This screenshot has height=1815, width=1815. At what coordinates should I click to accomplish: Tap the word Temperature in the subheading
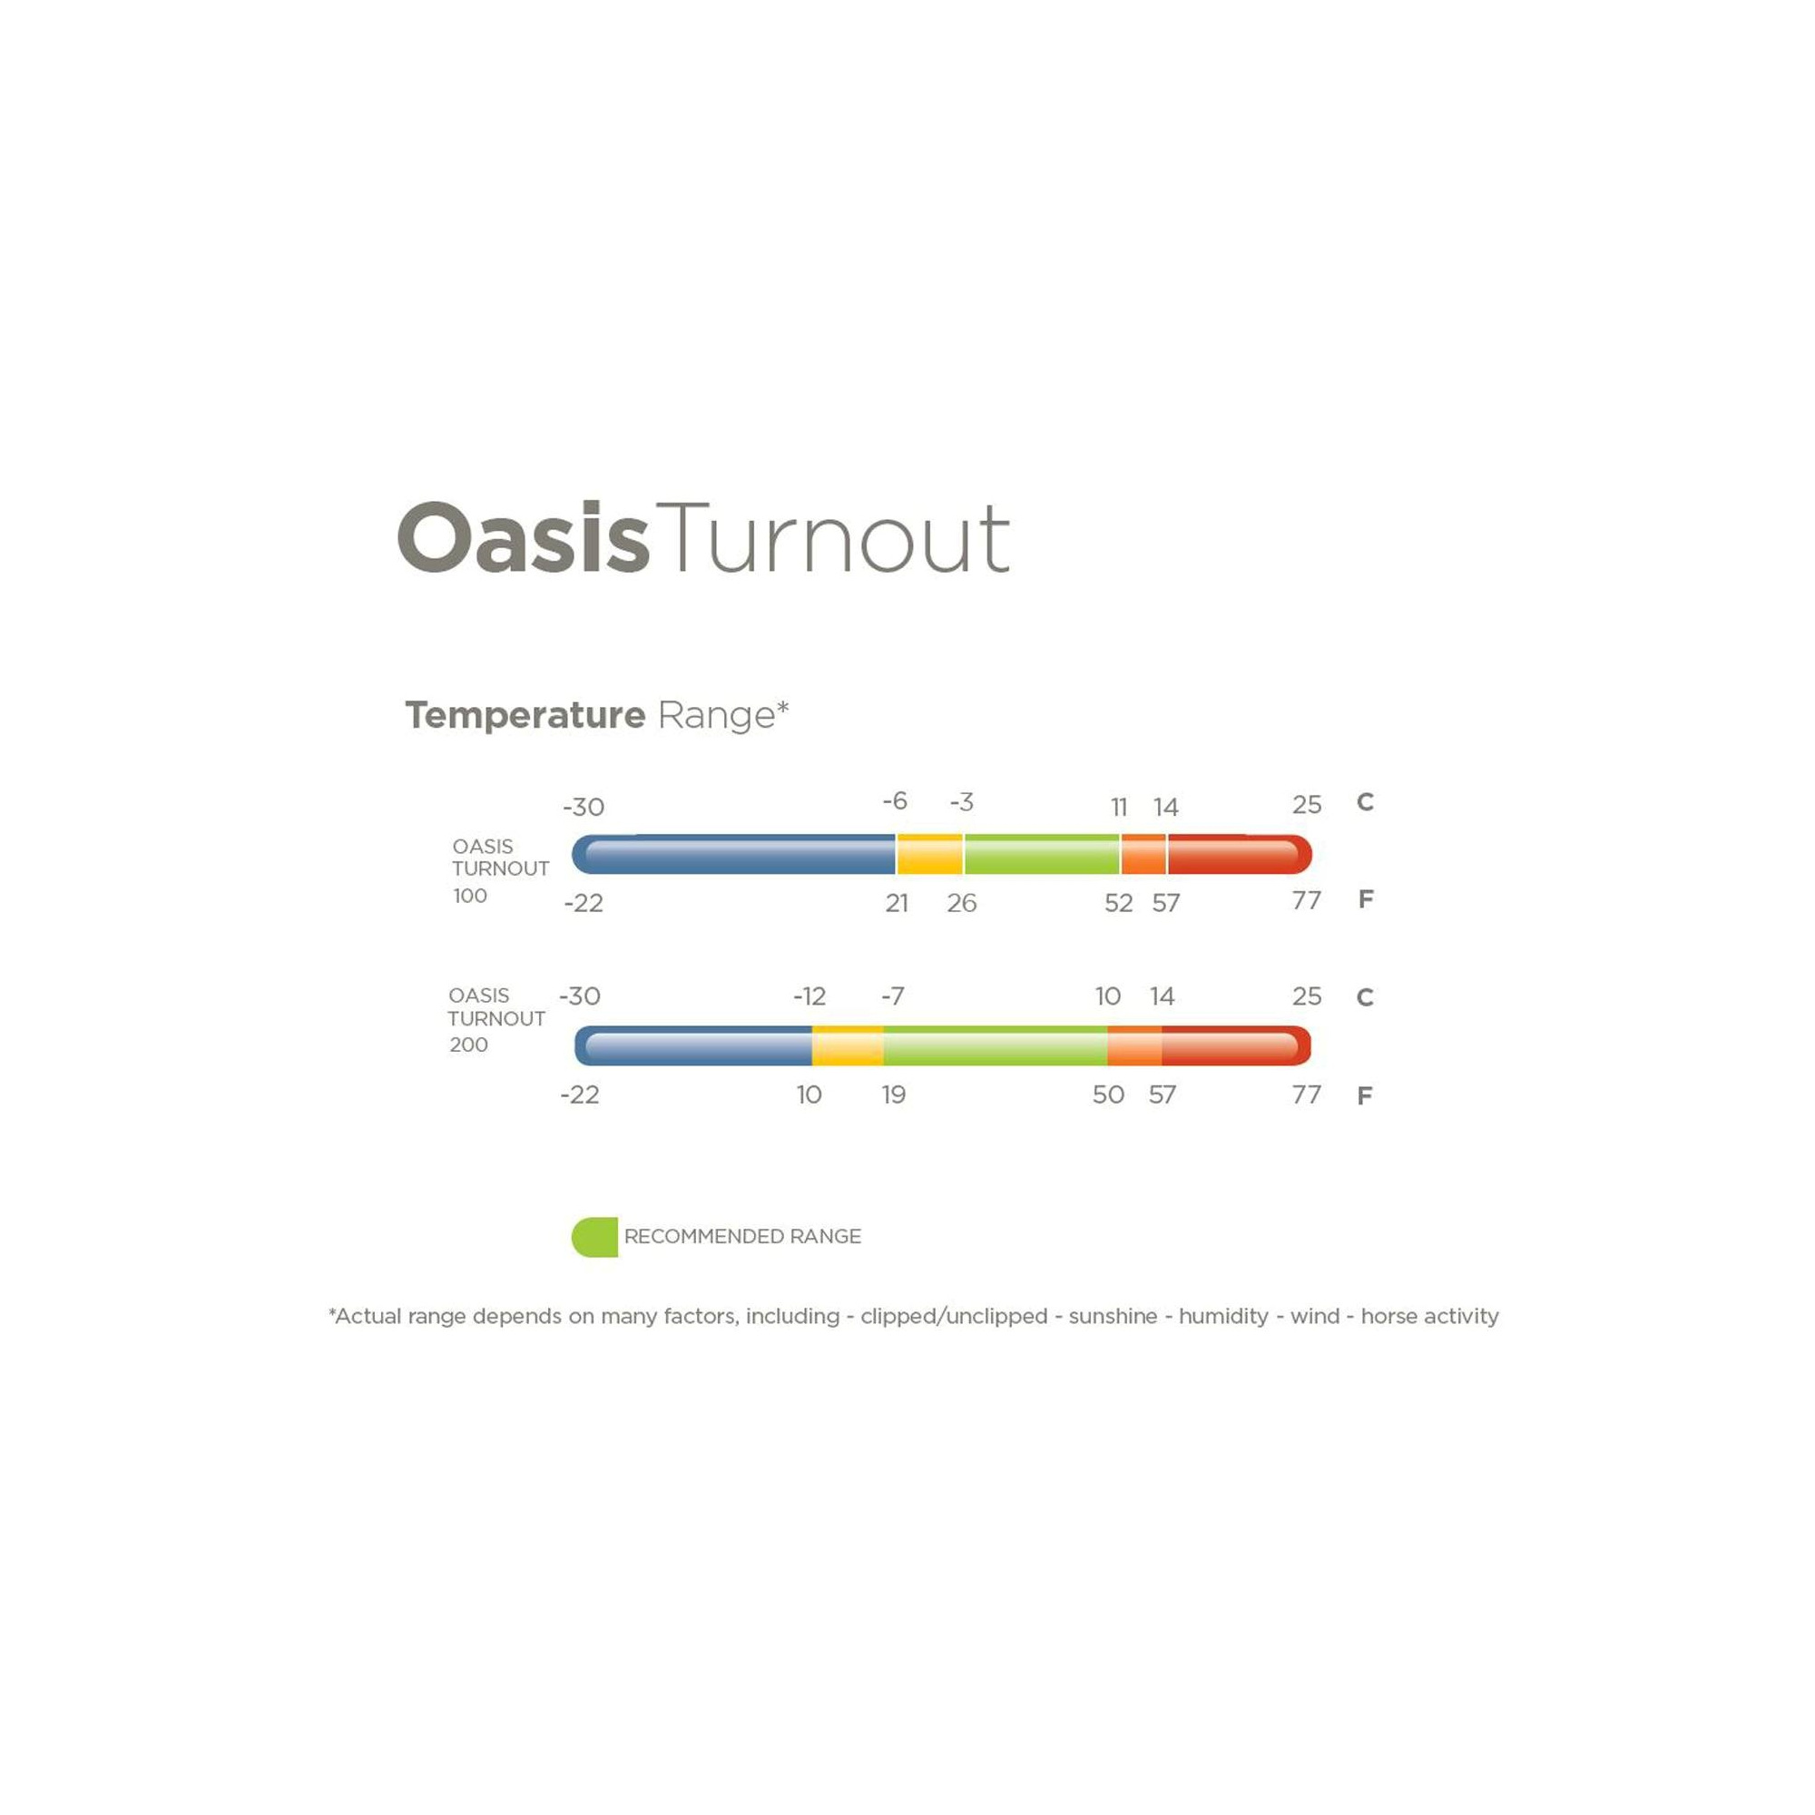coord(525,715)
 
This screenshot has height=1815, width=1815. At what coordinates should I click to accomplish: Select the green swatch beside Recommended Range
coord(594,1236)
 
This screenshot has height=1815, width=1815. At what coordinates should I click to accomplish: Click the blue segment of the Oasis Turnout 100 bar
coord(733,854)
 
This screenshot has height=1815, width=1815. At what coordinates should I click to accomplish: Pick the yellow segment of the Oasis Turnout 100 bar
coord(930,854)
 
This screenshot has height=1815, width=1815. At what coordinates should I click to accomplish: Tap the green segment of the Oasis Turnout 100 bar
coord(1042,854)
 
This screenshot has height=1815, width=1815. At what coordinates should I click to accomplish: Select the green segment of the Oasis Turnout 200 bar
coord(995,1045)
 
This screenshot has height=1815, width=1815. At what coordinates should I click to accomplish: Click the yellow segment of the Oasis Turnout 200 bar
coord(848,1045)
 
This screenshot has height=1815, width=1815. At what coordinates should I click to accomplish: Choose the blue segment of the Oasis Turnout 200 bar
coord(693,1045)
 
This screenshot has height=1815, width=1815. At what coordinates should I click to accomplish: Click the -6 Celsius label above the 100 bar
coord(896,801)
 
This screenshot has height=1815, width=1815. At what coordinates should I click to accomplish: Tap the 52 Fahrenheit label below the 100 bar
coord(1118,903)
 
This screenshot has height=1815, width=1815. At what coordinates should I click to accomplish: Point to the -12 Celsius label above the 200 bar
coord(809,996)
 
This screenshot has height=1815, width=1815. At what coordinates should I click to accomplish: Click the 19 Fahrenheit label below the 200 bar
coord(893,1094)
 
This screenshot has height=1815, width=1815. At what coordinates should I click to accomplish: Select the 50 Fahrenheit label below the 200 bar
coord(1109,1094)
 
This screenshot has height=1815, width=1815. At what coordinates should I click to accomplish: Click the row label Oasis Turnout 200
coord(496,1019)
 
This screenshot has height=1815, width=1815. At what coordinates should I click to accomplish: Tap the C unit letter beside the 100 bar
coord(1365,802)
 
